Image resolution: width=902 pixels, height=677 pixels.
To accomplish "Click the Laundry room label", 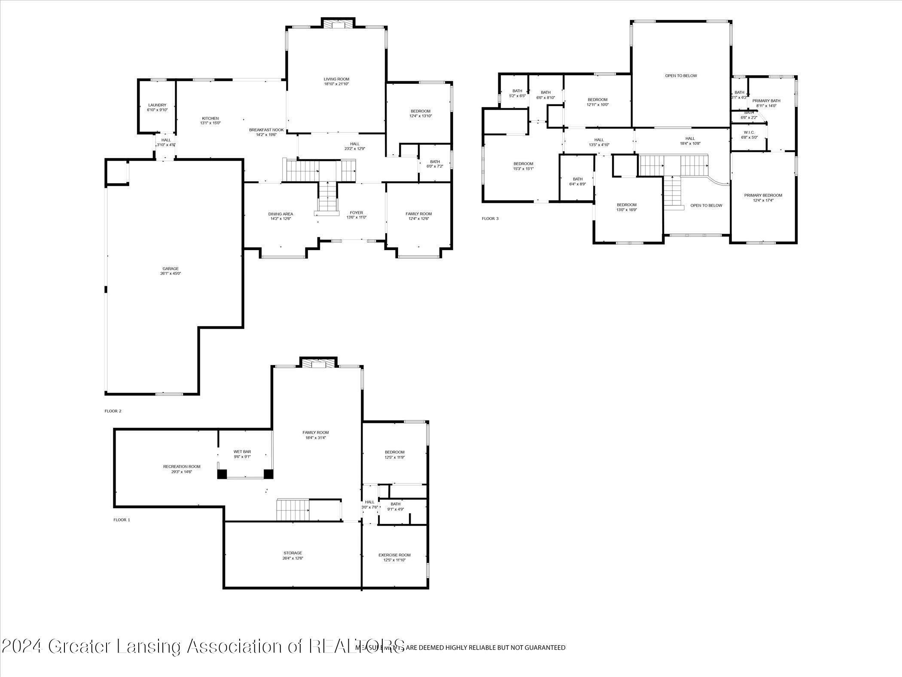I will point(157,105).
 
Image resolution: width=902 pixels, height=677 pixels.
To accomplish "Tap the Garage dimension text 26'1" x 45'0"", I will point(170,273).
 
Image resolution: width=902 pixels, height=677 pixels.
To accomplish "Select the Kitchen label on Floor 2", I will point(210,118).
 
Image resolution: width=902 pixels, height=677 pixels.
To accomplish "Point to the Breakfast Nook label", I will point(266,130).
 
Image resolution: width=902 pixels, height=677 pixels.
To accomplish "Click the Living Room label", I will point(336,79).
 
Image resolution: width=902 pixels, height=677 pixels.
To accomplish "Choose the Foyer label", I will point(356,213).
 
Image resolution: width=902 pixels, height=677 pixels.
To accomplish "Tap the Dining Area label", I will point(281,214).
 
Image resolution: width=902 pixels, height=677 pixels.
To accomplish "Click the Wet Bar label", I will point(242,452).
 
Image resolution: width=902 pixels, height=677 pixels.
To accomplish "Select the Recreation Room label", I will point(182,467).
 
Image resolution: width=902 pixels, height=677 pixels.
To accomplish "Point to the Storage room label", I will point(293,553).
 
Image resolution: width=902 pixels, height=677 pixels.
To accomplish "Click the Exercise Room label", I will point(394,555).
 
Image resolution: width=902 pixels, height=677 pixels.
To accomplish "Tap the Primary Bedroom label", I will point(763,195).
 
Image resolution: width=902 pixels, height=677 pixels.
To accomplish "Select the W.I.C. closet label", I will point(749,132).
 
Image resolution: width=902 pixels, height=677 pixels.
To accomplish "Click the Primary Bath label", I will point(766,101).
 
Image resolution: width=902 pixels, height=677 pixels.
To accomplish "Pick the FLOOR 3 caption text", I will point(490,219).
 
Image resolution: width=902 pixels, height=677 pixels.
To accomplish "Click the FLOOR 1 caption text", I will point(122,520).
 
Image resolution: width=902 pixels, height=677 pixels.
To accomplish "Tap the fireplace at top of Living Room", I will point(338,24).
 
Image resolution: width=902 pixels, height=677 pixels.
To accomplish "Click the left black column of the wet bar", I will point(222,474).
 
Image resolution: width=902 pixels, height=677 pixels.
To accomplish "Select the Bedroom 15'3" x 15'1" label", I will point(523,164).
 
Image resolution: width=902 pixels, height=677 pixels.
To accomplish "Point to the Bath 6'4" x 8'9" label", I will point(578,179).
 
